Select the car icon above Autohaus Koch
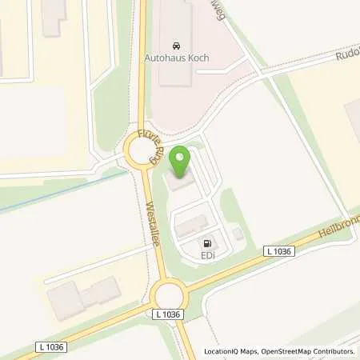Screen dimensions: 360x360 [x=176, y=45]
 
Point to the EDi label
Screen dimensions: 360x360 [x=207, y=256]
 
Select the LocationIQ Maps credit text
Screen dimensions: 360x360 [x=229, y=351]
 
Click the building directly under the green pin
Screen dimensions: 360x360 [x=182, y=182]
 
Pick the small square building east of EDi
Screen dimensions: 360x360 [x=238, y=234]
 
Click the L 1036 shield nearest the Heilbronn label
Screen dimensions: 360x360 [x=278, y=251]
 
